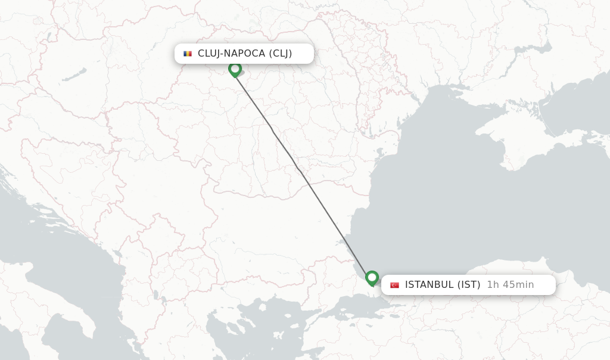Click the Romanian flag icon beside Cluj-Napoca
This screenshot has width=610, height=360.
[188, 54]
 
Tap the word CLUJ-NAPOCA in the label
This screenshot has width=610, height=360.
[231, 54]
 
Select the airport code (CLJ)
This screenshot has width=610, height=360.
[280, 54]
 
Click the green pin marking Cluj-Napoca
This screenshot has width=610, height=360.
[235, 69]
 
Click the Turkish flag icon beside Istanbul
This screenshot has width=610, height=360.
[394, 285]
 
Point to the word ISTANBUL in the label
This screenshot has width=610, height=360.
[429, 285]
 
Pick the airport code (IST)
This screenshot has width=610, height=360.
[468, 285]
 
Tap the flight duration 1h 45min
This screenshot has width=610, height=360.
[510, 285]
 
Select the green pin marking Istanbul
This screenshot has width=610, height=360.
[372, 278]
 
